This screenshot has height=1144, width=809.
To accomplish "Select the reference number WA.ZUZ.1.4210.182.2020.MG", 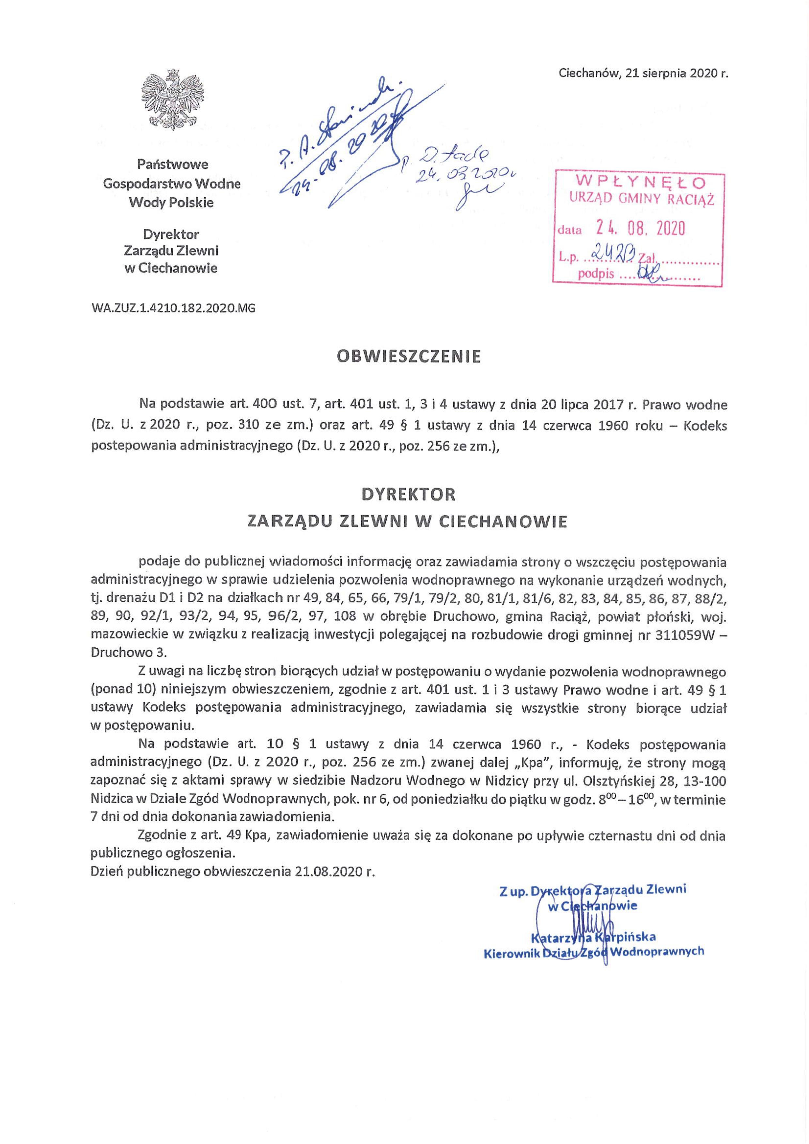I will (x=174, y=309).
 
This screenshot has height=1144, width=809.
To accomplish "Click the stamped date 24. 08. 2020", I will (x=641, y=229).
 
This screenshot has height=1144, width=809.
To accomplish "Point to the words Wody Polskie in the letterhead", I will (x=171, y=203).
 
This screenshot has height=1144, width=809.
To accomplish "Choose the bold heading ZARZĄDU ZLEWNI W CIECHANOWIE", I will (x=408, y=522).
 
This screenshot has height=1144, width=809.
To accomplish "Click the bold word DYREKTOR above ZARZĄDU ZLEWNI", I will (x=408, y=494).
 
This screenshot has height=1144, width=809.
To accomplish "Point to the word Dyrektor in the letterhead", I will (x=171, y=234).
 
